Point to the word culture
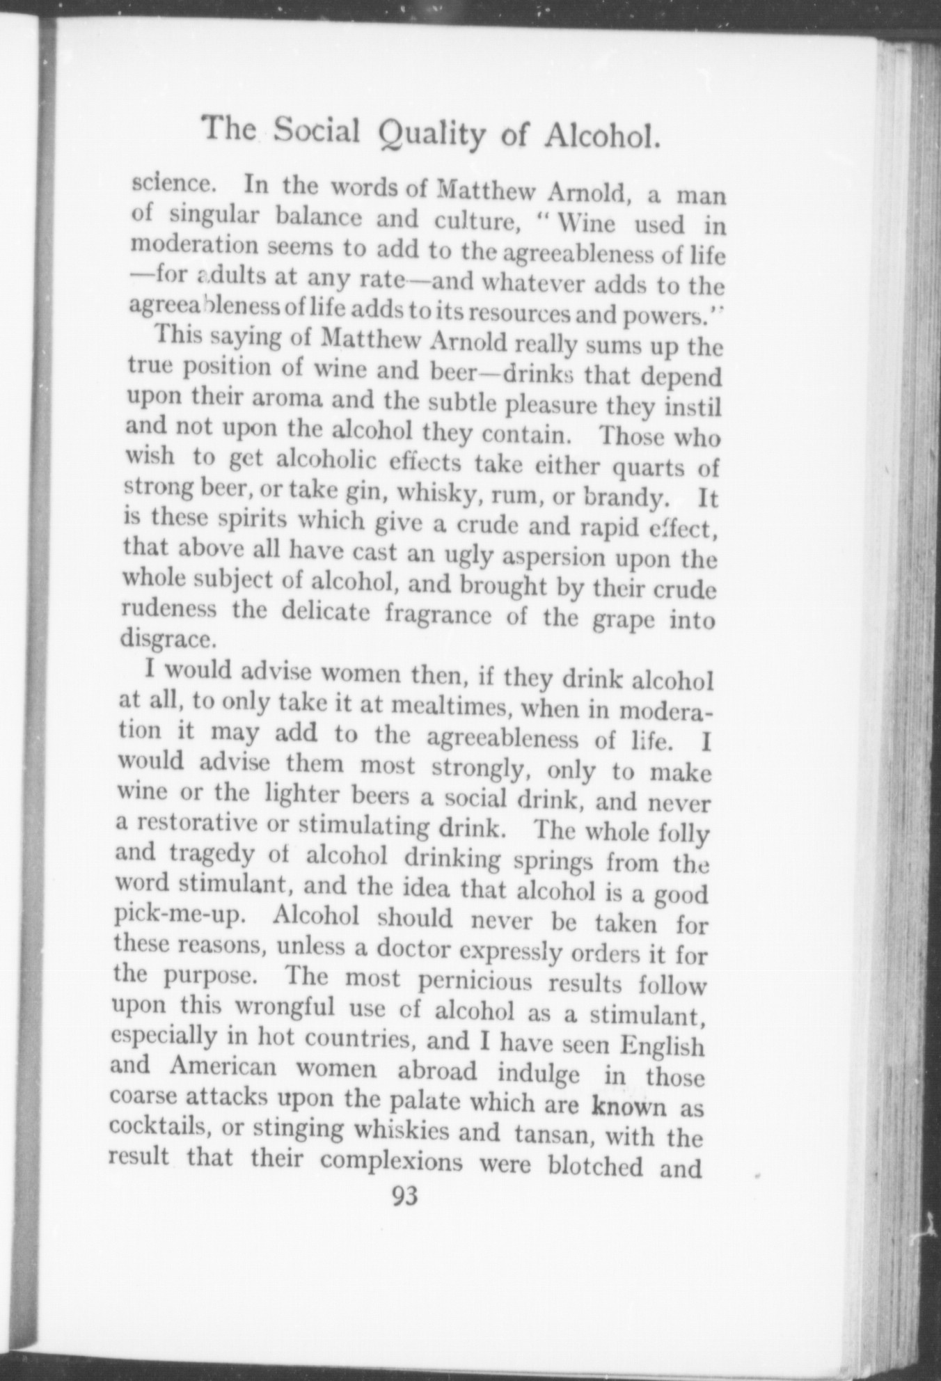pos(473,222)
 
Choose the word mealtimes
pos(452,707)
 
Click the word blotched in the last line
pos(595,1165)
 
